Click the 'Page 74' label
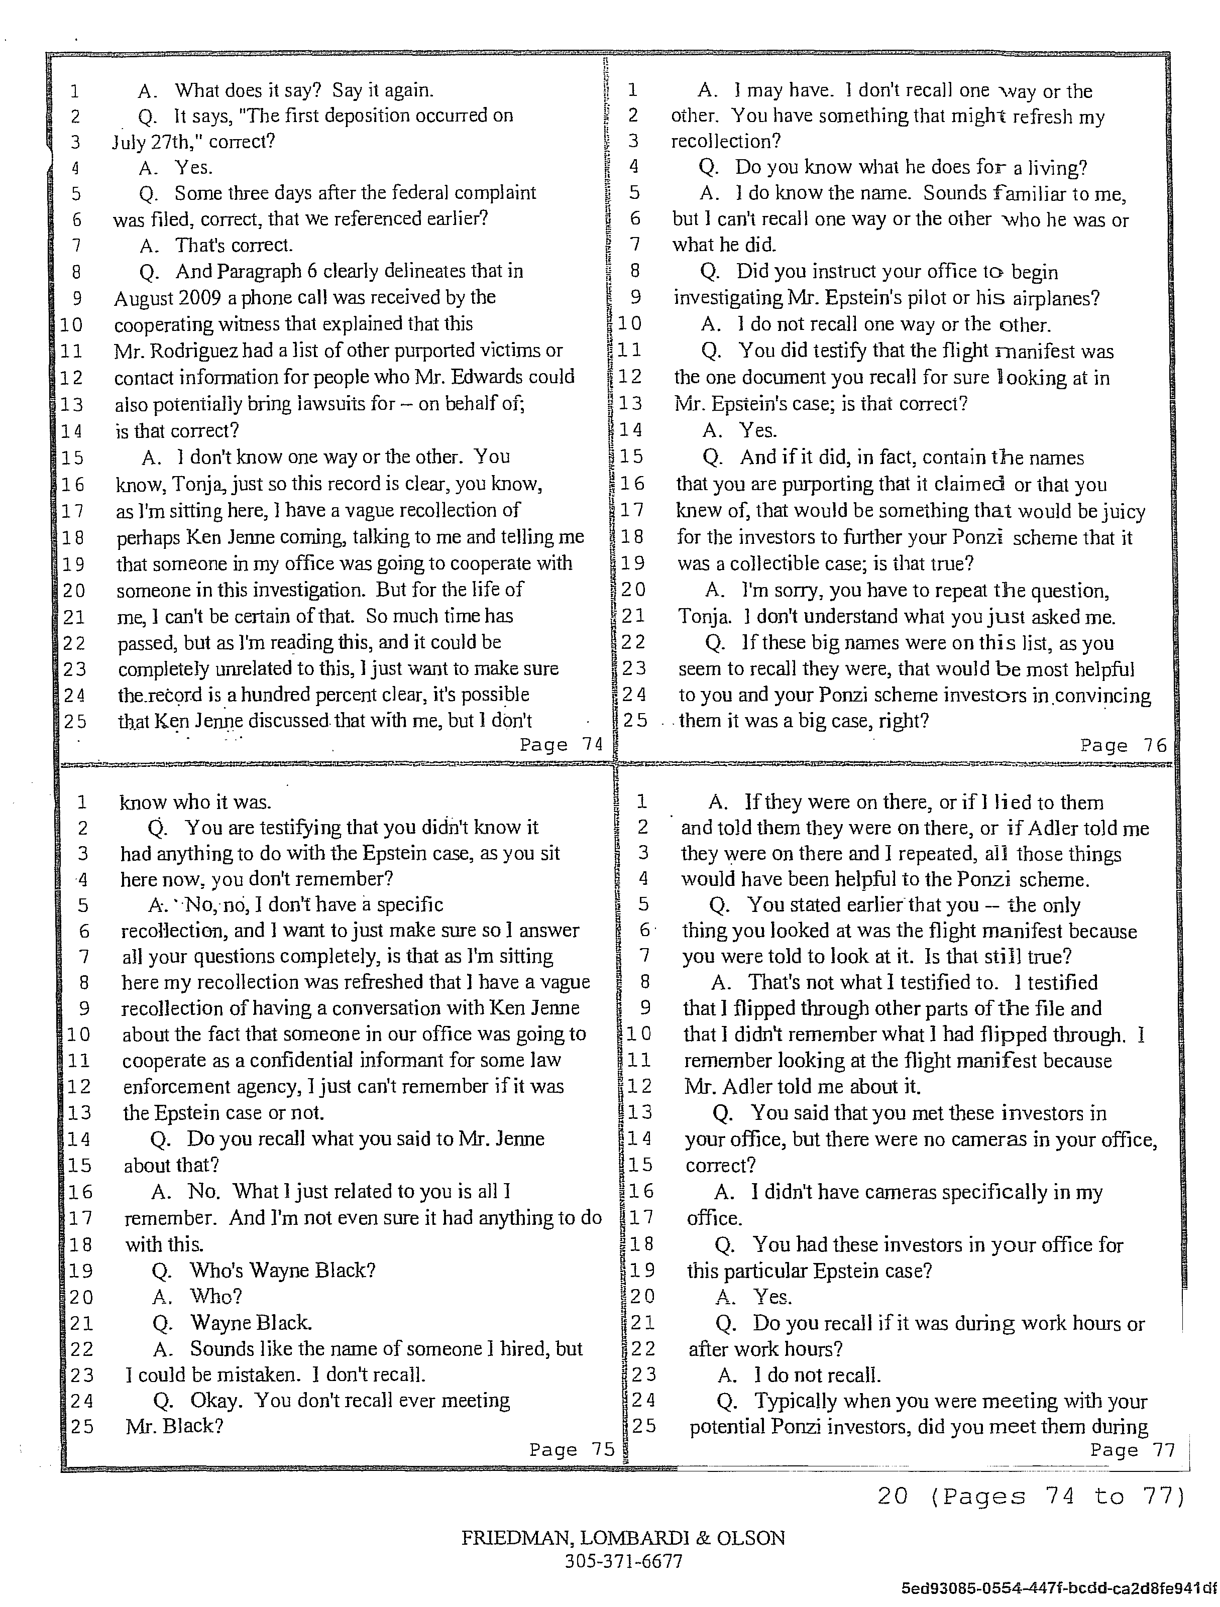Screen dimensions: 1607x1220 (x=561, y=745)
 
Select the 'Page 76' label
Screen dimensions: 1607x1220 (x=1123, y=745)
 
